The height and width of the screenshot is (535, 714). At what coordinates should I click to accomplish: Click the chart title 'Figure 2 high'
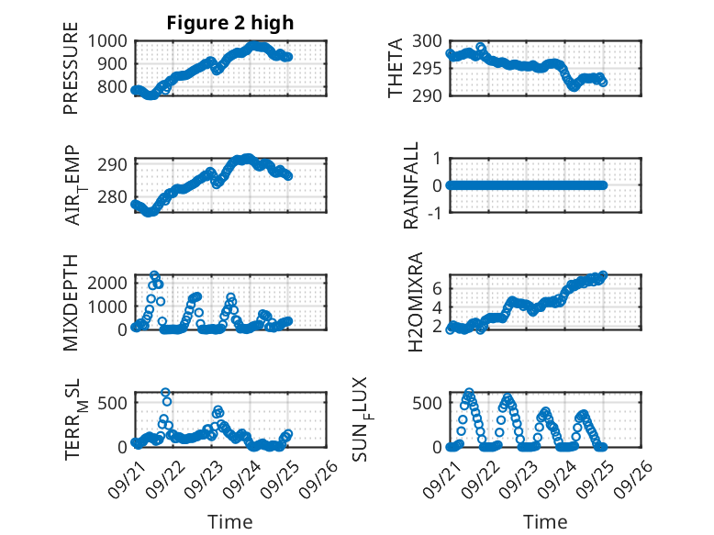(x=230, y=23)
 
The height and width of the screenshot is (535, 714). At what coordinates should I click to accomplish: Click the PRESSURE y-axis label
(x=72, y=68)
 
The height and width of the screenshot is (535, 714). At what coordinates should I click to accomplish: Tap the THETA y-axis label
(x=396, y=68)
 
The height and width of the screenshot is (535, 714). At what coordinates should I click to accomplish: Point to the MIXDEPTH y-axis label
(x=72, y=302)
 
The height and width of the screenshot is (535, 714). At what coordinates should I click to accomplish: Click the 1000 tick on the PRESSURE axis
(x=110, y=40)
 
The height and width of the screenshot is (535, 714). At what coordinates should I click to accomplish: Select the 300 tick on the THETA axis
(x=429, y=40)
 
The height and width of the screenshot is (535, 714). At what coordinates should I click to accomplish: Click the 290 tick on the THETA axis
(x=429, y=95)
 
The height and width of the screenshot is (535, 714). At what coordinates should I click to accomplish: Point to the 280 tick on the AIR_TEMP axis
(x=117, y=197)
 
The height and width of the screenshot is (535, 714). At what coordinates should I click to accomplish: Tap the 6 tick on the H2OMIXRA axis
(x=439, y=288)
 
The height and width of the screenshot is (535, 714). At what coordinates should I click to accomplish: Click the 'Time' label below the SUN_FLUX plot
(x=545, y=521)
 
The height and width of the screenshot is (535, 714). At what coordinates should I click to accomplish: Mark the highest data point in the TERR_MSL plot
(x=166, y=393)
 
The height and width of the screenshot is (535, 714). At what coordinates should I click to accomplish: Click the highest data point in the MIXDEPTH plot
(x=154, y=275)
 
